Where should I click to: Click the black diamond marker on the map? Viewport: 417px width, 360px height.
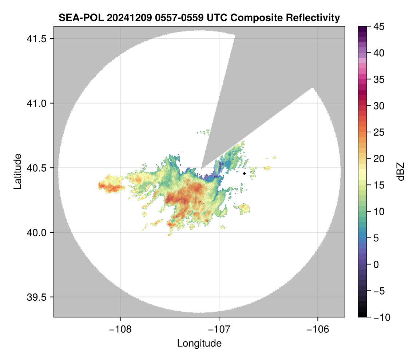[x=245, y=173]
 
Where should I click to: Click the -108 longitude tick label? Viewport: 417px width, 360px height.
[x=120, y=328]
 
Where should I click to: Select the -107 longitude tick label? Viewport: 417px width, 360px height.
[x=219, y=328]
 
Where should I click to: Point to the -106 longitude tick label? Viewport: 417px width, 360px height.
[x=318, y=328]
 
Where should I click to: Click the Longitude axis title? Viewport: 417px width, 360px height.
[x=199, y=343]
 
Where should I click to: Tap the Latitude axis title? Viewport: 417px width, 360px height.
[x=17, y=171]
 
